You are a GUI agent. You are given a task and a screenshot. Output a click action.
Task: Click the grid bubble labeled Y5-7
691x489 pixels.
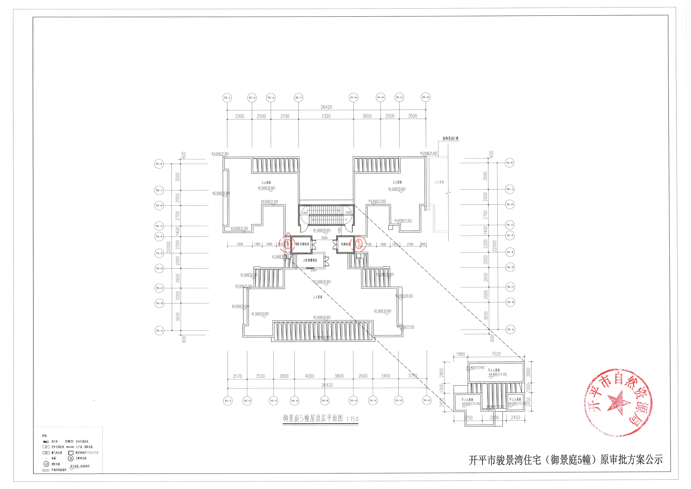click(298, 98)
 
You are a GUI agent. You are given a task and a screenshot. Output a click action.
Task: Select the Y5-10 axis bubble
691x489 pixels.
click(353, 98)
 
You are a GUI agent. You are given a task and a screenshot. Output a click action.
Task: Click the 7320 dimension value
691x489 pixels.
click(326, 116)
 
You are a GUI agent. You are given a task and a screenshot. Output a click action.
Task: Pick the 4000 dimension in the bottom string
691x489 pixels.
click(309, 376)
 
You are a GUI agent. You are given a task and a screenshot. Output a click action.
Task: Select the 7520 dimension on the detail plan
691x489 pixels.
click(496, 354)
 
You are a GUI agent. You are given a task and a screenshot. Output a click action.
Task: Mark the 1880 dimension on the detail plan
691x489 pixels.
click(460, 354)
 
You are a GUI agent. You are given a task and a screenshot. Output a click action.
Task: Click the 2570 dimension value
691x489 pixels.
click(237, 376)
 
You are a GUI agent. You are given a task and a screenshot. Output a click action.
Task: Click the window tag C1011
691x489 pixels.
click(314, 271)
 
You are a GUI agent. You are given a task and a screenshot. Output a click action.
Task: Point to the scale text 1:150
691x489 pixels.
click(352, 419)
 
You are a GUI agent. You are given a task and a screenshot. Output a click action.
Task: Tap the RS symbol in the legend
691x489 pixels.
click(46, 453)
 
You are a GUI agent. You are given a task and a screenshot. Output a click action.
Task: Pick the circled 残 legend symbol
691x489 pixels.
click(71, 458)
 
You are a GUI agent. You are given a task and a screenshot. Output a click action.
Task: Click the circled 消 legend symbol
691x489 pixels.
click(46, 464)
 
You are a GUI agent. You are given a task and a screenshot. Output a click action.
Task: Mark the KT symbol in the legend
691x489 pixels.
click(46, 447)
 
